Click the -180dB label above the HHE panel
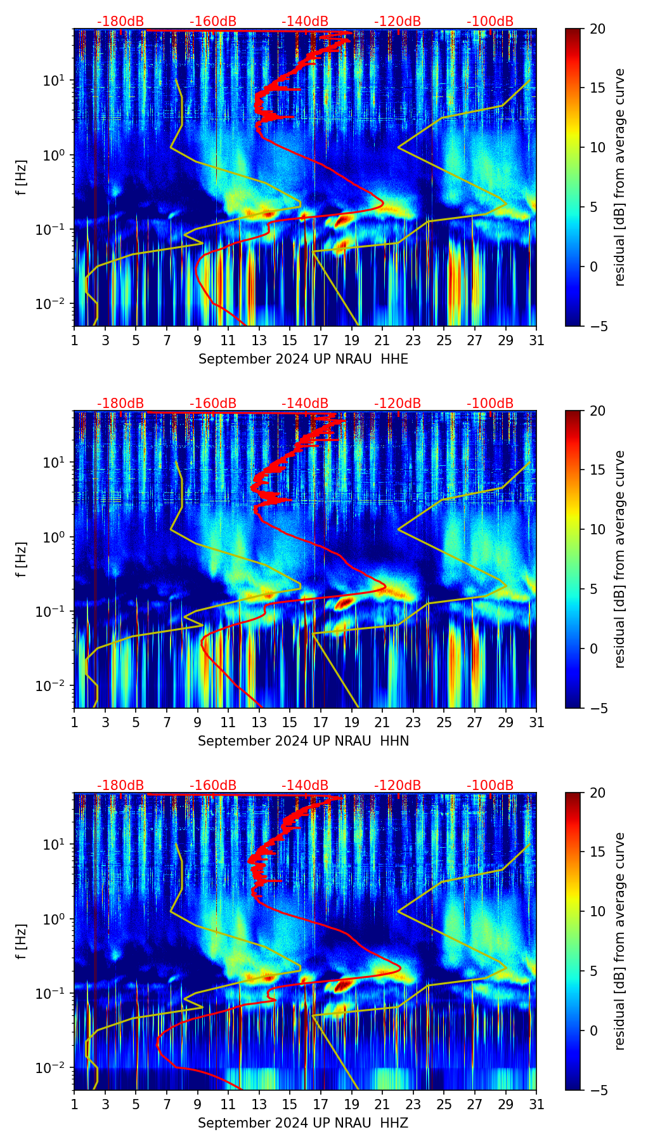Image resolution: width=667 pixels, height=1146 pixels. tap(120, 22)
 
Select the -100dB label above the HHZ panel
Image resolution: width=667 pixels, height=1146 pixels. tap(490, 786)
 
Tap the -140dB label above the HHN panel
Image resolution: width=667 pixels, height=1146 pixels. tap(305, 404)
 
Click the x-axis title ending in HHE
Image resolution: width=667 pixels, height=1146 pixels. tap(303, 359)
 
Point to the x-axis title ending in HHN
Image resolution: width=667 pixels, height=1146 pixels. tap(303, 741)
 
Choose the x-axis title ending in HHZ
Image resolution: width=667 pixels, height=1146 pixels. tap(303, 1123)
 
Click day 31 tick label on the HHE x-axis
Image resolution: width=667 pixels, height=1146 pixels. tap(536, 340)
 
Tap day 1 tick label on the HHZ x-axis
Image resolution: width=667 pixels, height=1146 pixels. tap(74, 1104)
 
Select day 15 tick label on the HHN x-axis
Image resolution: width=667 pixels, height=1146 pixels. tap(290, 722)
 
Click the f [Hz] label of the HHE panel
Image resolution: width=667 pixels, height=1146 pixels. tap(22, 177)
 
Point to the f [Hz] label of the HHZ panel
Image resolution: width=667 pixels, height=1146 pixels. tap(22, 941)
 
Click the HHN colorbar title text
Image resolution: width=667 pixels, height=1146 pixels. tap(619, 559)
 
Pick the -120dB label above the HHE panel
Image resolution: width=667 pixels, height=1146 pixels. tap(398, 22)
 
